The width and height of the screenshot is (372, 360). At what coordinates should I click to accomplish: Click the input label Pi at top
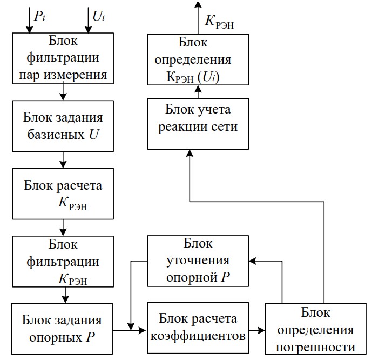tap(39, 16)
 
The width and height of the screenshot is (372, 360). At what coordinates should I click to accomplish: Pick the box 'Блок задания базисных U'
tap(64, 125)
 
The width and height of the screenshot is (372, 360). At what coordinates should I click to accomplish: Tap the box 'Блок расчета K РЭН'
tap(64, 194)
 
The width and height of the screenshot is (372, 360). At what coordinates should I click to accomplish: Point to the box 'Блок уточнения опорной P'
tap(198, 261)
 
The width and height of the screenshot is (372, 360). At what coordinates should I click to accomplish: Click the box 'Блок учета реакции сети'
tap(198, 123)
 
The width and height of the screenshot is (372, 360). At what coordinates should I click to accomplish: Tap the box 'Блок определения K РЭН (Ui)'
tap(199, 59)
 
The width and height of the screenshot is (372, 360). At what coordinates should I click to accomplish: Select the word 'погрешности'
tap(316, 346)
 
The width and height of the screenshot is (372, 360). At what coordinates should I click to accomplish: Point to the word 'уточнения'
tap(198, 261)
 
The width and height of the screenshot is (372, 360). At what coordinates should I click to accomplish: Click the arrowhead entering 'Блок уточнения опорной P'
tap(253, 261)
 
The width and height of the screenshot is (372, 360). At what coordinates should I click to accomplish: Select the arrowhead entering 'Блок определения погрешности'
tap(261, 329)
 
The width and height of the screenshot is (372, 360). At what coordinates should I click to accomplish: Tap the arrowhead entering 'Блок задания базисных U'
tap(63, 97)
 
